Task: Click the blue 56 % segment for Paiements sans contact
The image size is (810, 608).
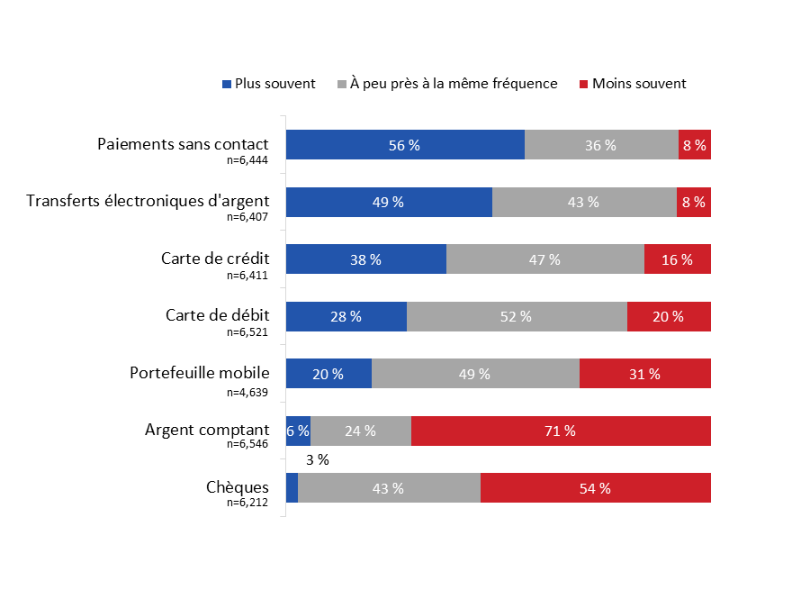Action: [405, 145]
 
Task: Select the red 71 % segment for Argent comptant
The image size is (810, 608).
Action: [561, 431]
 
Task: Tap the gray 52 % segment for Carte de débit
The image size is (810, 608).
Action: [517, 316]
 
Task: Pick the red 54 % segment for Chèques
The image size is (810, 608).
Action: [595, 488]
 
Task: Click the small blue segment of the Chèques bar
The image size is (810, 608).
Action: [292, 488]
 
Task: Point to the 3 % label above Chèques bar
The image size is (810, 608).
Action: [317, 459]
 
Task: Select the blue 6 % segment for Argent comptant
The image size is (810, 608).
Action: [298, 431]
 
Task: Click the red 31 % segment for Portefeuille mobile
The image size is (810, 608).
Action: [644, 374]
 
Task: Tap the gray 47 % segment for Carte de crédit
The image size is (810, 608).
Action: [544, 259]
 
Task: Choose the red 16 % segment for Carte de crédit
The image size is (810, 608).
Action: [677, 259]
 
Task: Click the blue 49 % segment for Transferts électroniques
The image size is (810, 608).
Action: [389, 203]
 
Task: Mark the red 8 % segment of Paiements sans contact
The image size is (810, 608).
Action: [694, 145]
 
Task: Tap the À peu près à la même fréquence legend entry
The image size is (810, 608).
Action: [447, 84]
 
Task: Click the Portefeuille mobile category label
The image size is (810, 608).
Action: [199, 373]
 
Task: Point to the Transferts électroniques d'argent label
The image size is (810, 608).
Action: [148, 201]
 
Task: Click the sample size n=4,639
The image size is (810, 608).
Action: [247, 392]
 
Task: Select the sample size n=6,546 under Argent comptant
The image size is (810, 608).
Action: [247, 444]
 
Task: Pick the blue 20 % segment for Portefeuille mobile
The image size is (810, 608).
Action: [328, 374]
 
